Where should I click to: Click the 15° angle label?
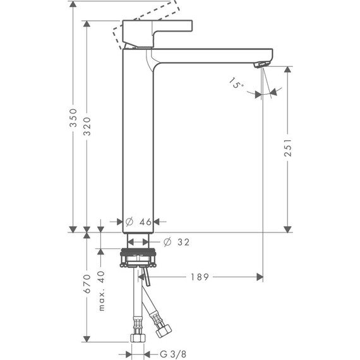[x=236, y=84]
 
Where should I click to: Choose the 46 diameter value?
[x=145, y=222]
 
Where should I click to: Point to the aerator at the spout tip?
[x=261, y=64]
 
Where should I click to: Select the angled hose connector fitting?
[x=162, y=328]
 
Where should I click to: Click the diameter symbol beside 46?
[x=129, y=222]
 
